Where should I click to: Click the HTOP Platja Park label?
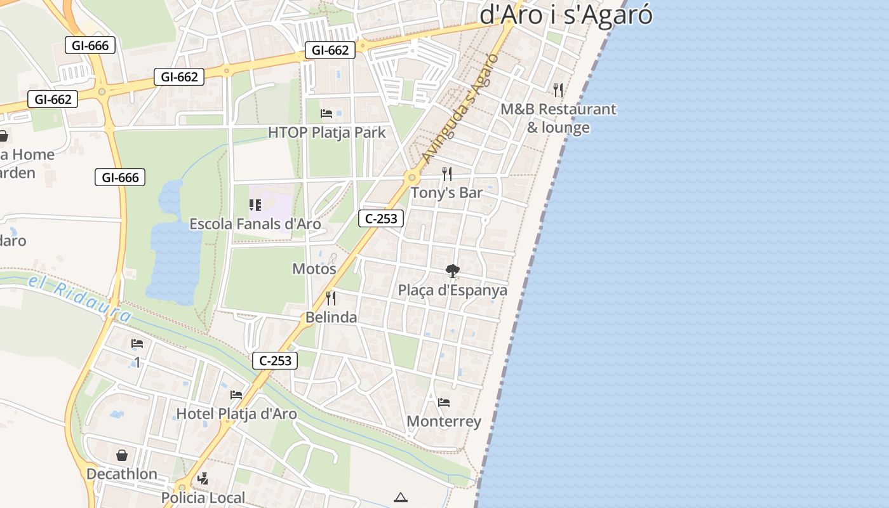point(326,133)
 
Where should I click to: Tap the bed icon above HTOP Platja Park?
point(326,114)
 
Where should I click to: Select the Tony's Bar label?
point(446,192)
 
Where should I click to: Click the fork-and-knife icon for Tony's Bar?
point(447,173)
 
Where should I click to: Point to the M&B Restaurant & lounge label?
point(558,118)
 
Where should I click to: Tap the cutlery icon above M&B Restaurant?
point(558,90)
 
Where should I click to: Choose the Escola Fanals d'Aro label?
point(255,224)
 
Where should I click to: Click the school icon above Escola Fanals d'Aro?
point(255,204)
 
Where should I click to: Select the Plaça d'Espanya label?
point(452,290)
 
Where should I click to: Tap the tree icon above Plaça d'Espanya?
point(452,271)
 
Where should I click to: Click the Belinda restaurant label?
point(331,317)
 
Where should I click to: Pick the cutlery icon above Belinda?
point(331,298)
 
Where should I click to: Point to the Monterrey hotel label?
point(444,421)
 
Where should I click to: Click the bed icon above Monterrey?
point(444,402)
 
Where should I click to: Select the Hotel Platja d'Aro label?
point(236,414)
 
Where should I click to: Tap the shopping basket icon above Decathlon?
point(122,455)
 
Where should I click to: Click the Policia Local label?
point(203,497)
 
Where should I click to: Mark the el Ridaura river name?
point(79,298)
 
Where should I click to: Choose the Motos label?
point(314,269)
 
